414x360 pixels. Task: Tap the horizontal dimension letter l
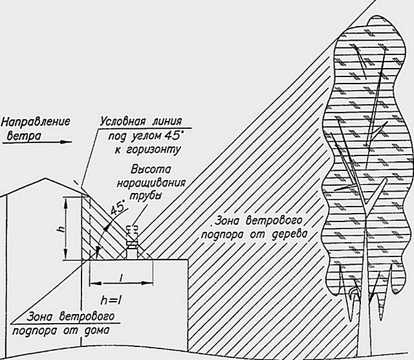[x=122, y=276]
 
